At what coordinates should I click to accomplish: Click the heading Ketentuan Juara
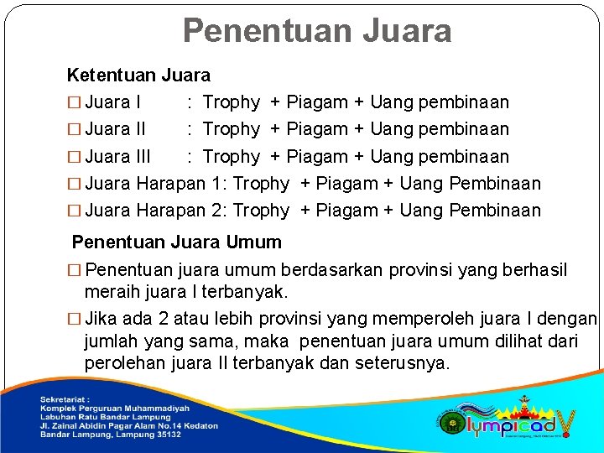click(138, 75)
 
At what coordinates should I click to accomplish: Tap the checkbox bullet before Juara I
click(74, 103)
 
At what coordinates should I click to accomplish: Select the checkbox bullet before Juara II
click(74, 130)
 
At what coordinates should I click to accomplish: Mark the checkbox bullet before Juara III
click(74, 157)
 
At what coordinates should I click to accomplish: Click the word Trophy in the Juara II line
click(232, 129)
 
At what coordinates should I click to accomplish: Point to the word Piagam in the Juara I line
click(317, 102)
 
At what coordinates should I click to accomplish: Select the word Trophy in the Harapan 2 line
click(261, 211)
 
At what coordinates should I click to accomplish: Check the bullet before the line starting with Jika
click(74, 320)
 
